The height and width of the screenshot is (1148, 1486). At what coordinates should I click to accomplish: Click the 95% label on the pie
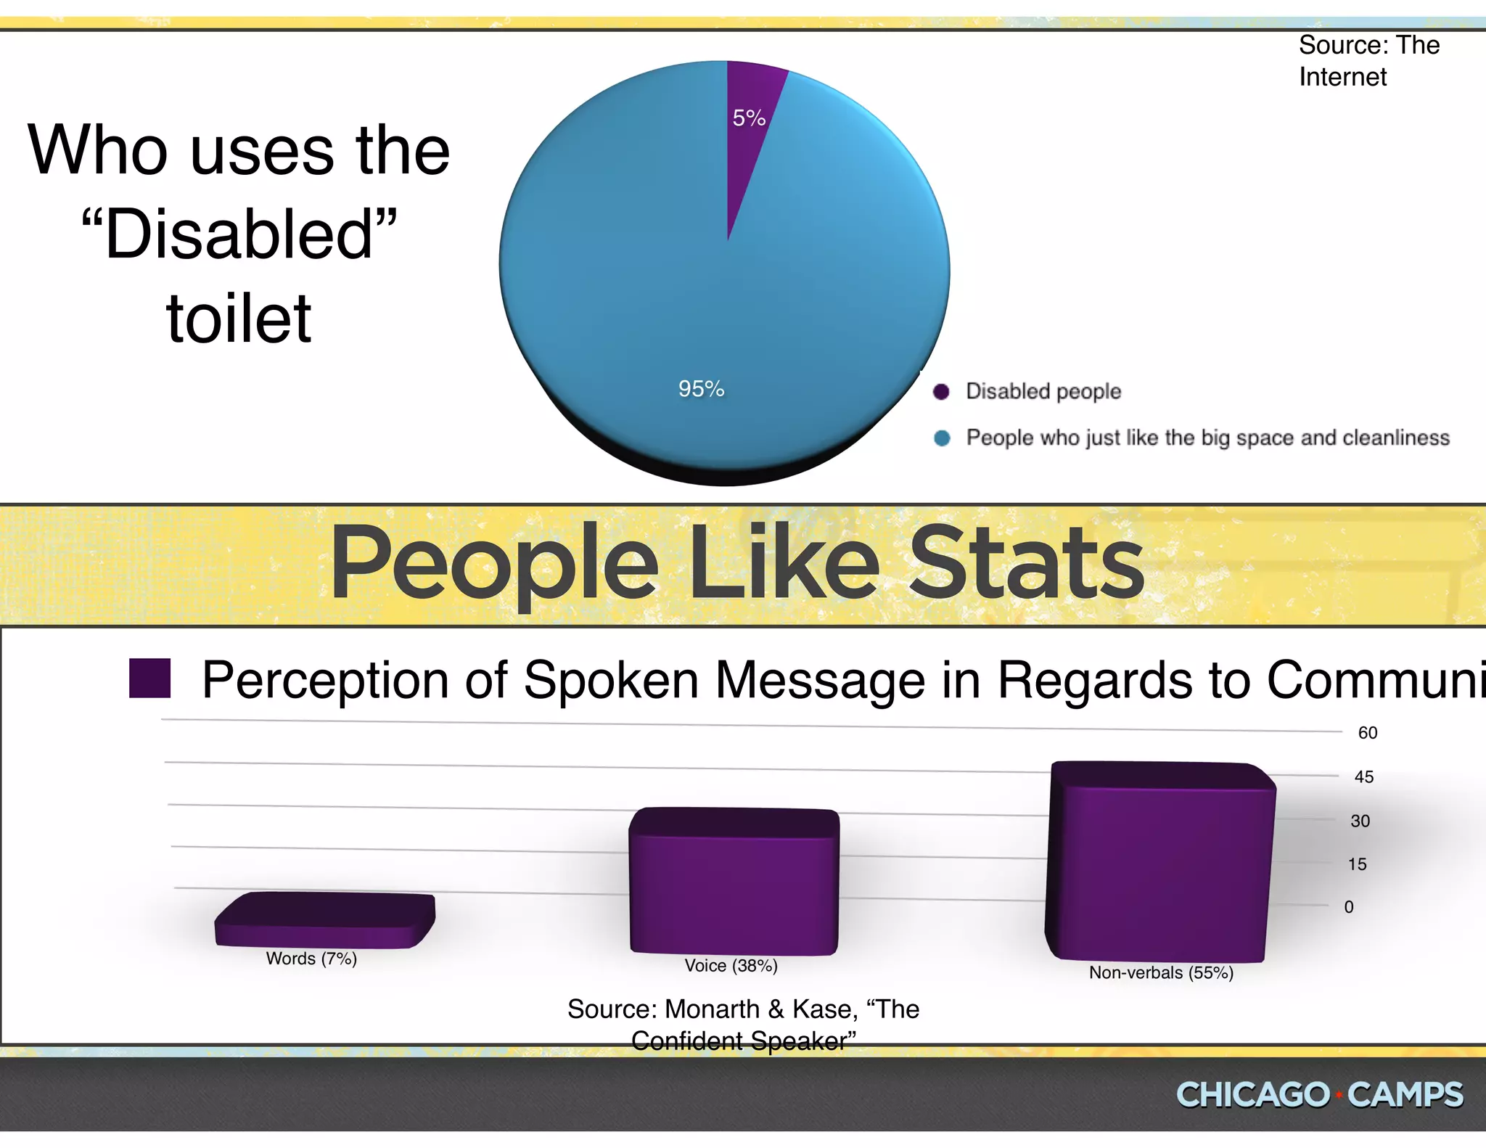[701, 389]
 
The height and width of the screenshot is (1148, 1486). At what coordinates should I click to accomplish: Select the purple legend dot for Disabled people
[941, 392]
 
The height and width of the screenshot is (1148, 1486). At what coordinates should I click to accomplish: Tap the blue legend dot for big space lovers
[942, 438]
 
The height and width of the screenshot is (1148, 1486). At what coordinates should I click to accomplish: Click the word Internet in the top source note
[1342, 77]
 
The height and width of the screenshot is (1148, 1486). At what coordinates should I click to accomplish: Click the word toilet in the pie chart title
[239, 319]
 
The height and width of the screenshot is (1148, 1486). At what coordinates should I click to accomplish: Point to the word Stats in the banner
[1026, 563]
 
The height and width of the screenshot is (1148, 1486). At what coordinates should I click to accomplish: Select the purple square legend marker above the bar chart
[149, 678]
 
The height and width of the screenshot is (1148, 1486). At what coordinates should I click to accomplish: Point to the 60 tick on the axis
[1367, 733]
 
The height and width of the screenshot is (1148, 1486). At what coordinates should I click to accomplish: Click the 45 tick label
[1363, 777]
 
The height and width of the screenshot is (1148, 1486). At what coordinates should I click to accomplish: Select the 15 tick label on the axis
[1357, 864]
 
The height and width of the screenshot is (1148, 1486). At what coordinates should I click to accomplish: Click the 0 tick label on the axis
[1348, 907]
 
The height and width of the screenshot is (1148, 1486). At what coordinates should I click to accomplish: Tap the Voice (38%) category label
[731, 966]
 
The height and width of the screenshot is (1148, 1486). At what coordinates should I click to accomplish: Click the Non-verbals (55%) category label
[1161, 973]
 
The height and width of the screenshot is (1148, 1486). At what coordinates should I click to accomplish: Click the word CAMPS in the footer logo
[1405, 1095]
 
